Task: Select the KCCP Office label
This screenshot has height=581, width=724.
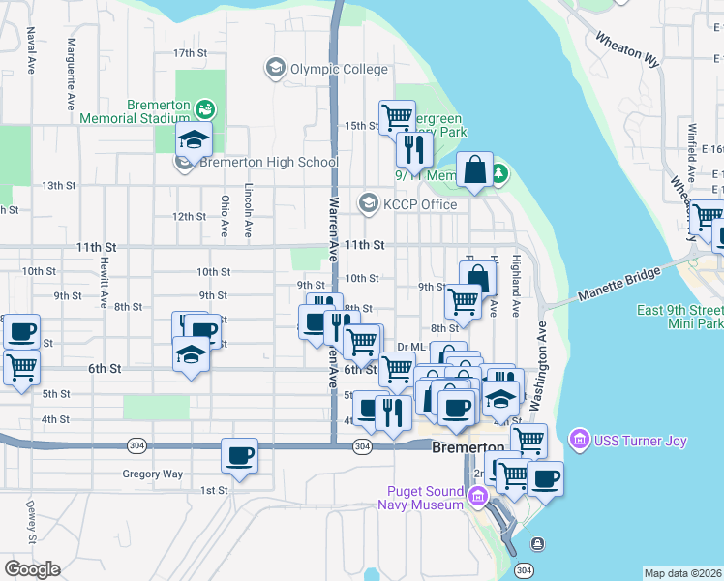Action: pos(418,203)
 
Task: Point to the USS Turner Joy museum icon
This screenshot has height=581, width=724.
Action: pos(580,441)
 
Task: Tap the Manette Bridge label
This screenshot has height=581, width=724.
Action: pos(620,282)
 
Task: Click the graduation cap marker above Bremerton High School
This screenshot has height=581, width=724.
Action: pos(194,139)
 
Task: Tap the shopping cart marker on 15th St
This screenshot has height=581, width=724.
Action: pos(397,117)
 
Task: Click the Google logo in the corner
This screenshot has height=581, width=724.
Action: pos(32,569)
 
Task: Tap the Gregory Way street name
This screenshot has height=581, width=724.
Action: pos(152,474)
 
